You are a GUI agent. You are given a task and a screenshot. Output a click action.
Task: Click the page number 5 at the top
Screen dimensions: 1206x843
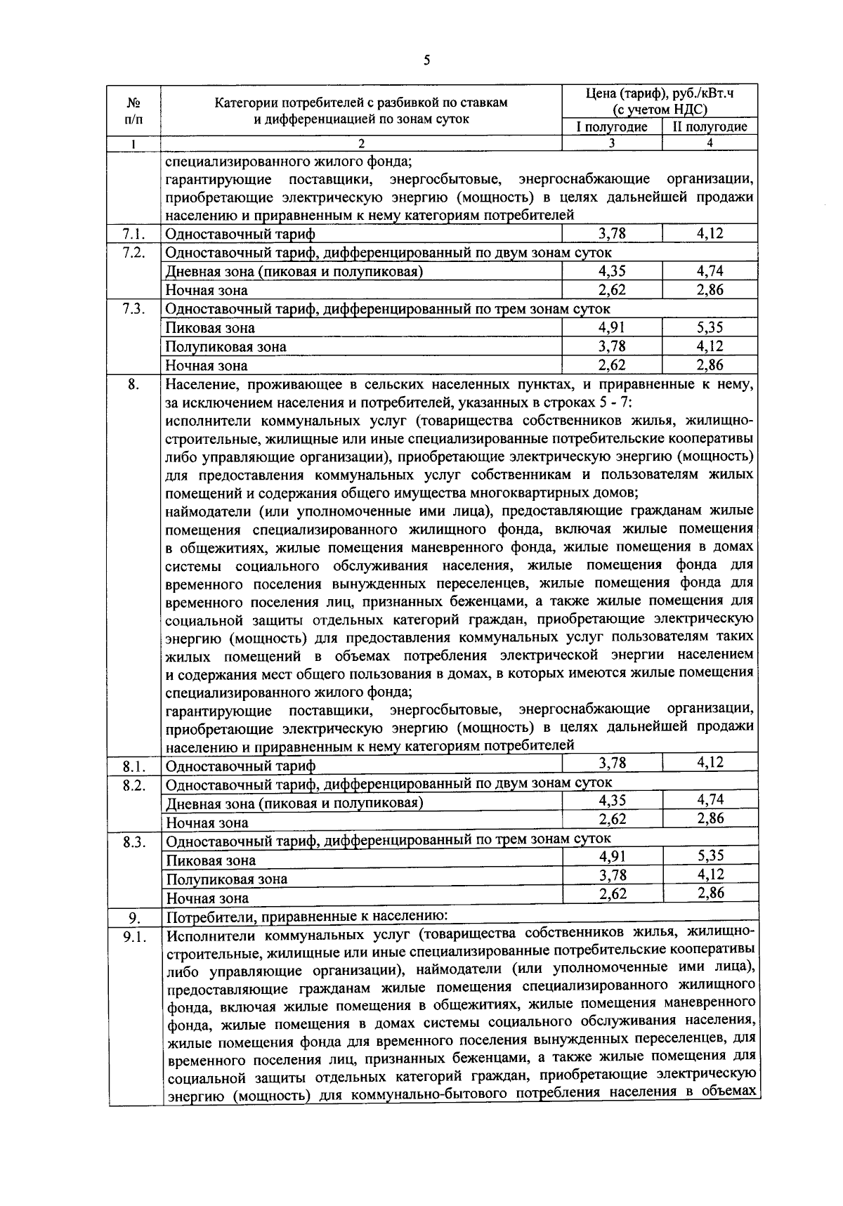coord(426,60)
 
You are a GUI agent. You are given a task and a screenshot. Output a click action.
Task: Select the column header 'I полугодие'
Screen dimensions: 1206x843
coord(612,127)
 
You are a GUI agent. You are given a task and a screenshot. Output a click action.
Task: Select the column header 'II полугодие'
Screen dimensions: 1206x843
coord(710,127)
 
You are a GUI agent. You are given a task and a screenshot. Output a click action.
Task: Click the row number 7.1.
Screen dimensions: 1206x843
coord(133,234)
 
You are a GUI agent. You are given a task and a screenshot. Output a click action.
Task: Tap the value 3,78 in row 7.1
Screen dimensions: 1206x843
coord(612,233)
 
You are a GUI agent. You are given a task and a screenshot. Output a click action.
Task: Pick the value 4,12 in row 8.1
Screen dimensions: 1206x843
coord(710,762)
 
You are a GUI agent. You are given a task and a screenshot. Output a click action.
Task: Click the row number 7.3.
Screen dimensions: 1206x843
coord(133,309)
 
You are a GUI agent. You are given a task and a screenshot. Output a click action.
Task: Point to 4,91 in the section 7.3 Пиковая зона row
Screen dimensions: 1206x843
coord(612,327)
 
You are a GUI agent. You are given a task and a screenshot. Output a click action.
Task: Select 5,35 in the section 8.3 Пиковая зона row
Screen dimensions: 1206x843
coord(710,856)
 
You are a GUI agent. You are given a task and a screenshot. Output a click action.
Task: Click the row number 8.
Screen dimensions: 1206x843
coord(133,384)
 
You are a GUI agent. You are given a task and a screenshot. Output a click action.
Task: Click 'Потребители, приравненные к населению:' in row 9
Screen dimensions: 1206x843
coord(306,917)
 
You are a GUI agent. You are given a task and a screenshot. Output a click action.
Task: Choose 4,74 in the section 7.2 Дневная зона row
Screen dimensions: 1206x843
coord(710,270)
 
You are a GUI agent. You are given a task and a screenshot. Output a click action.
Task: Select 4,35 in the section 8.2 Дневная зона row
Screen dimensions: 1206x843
coord(612,799)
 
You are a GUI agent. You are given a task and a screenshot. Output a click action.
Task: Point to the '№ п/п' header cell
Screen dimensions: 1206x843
coord(133,110)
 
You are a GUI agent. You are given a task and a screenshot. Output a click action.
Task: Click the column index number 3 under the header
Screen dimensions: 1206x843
coord(612,143)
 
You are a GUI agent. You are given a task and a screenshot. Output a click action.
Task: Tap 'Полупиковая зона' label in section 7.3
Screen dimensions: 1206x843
coord(226,347)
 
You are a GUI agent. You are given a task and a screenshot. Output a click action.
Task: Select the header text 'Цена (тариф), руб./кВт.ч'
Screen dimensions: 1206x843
coord(660,94)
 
